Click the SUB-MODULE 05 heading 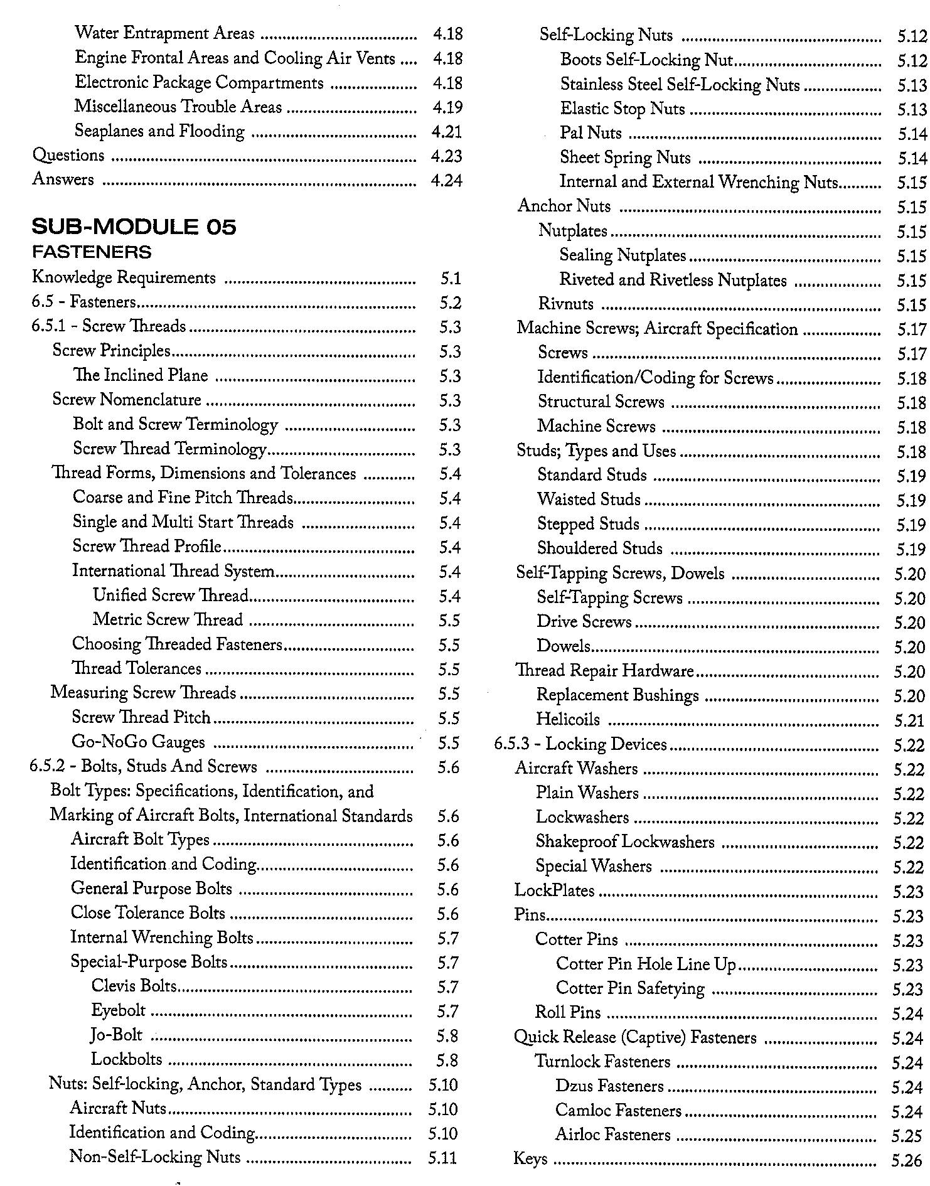(134, 227)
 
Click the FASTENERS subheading (92, 252)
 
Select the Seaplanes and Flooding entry (159, 131)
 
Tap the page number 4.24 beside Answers (446, 181)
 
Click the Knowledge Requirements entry (124, 277)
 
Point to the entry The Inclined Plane (141, 375)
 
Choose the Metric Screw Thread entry (168, 620)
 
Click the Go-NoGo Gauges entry (138, 742)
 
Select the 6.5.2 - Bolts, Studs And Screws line (144, 767)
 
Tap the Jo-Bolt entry (117, 1035)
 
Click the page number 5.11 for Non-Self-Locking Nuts (442, 1158)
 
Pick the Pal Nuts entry (591, 133)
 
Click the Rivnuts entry (565, 304)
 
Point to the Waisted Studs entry (589, 500)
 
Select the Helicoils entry (568, 720)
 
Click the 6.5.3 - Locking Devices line (580, 744)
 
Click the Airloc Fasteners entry (612, 1135)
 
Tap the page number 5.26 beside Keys (907, 1161)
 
